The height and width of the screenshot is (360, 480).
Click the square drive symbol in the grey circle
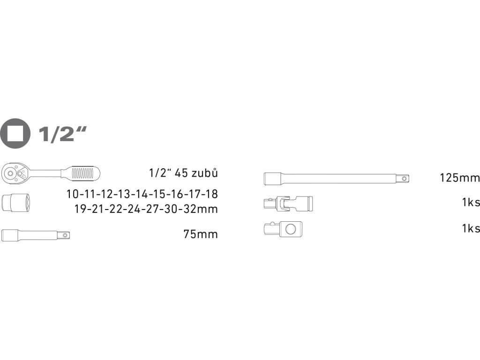pos(15,134)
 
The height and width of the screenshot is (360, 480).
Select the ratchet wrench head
pos(15,173)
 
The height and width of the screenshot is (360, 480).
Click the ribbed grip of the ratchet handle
pos(82,173)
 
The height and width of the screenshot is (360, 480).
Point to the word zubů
pos(204,172)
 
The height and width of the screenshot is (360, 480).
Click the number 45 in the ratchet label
pos(181,173)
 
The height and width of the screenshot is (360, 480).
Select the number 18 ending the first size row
pos(211,194)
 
